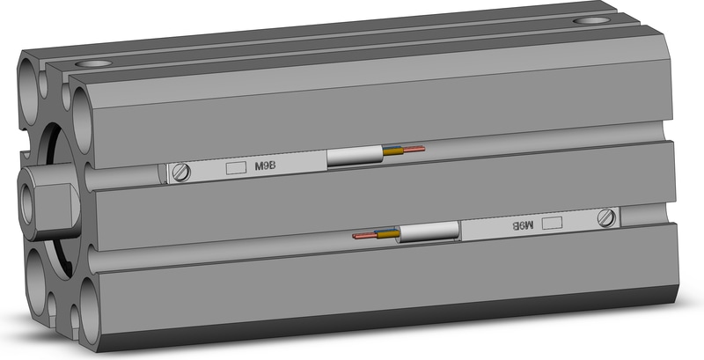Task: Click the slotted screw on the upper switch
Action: point(181,173)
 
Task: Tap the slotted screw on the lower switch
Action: point(606,218)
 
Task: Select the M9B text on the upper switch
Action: point(266,166)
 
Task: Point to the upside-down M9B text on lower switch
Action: point(523,224)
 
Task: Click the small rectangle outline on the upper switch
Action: point(236,167)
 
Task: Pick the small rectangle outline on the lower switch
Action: point(552,223)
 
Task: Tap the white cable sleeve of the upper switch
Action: point(355,156)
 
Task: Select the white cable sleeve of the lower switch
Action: point(429,231)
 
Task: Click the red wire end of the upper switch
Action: point(414,149)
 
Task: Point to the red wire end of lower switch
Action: point(364,236)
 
